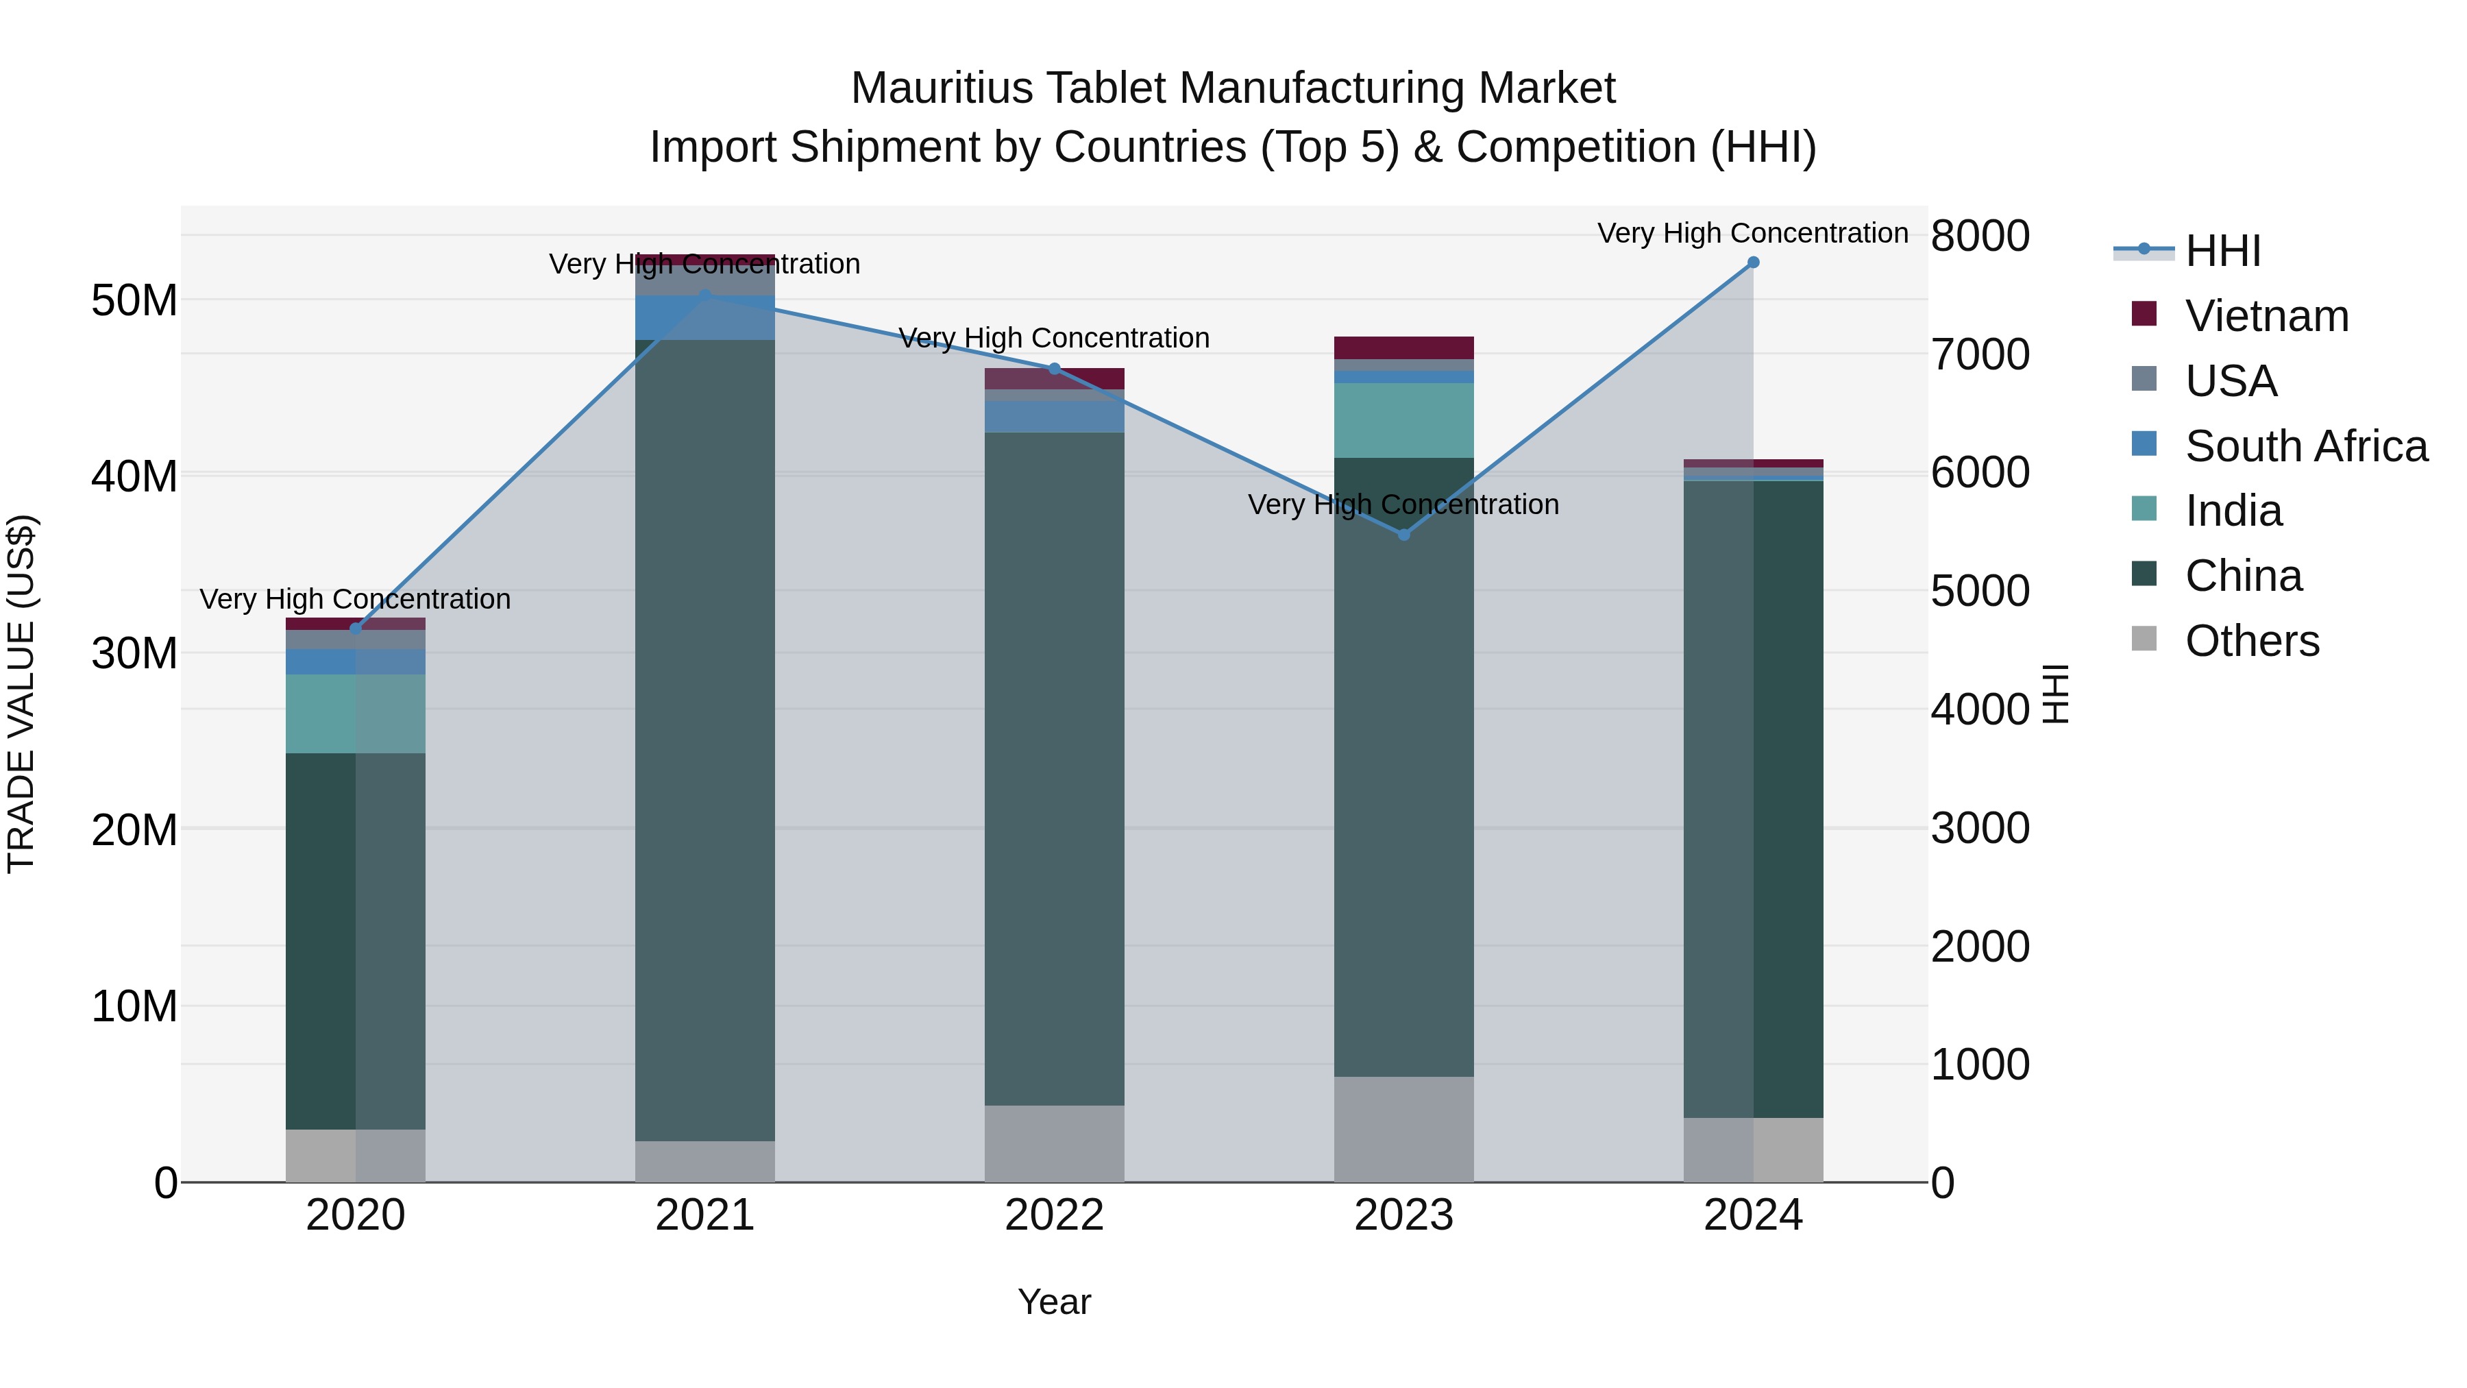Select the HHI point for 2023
click(x=1404, y=535)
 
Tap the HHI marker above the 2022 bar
click(x=1055, y=369)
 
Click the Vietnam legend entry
click(x=2266, y=316)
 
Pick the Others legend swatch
click(x=2144, y=639)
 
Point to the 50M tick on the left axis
click(x=134, y=301)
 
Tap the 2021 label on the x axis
click(x=705, y=1215)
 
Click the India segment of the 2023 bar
click(x=1404, y=421)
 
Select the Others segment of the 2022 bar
click(x=1055, y=1144)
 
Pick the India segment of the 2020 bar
click(x=355, y=714)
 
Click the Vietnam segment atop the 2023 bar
click(x=1404, y=348)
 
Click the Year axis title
click(x=1055, y=1302)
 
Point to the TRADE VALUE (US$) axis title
click(x=22, y=694)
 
